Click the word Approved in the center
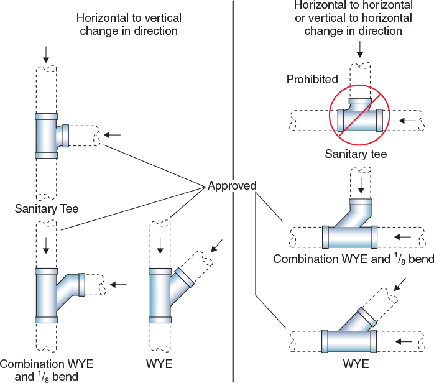[231, 186]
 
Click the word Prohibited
[312, 80]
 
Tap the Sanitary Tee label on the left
[47, 209]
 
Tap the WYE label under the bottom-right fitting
[356, 364]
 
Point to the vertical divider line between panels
[233, 280]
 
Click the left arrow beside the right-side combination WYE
[403, 237]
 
